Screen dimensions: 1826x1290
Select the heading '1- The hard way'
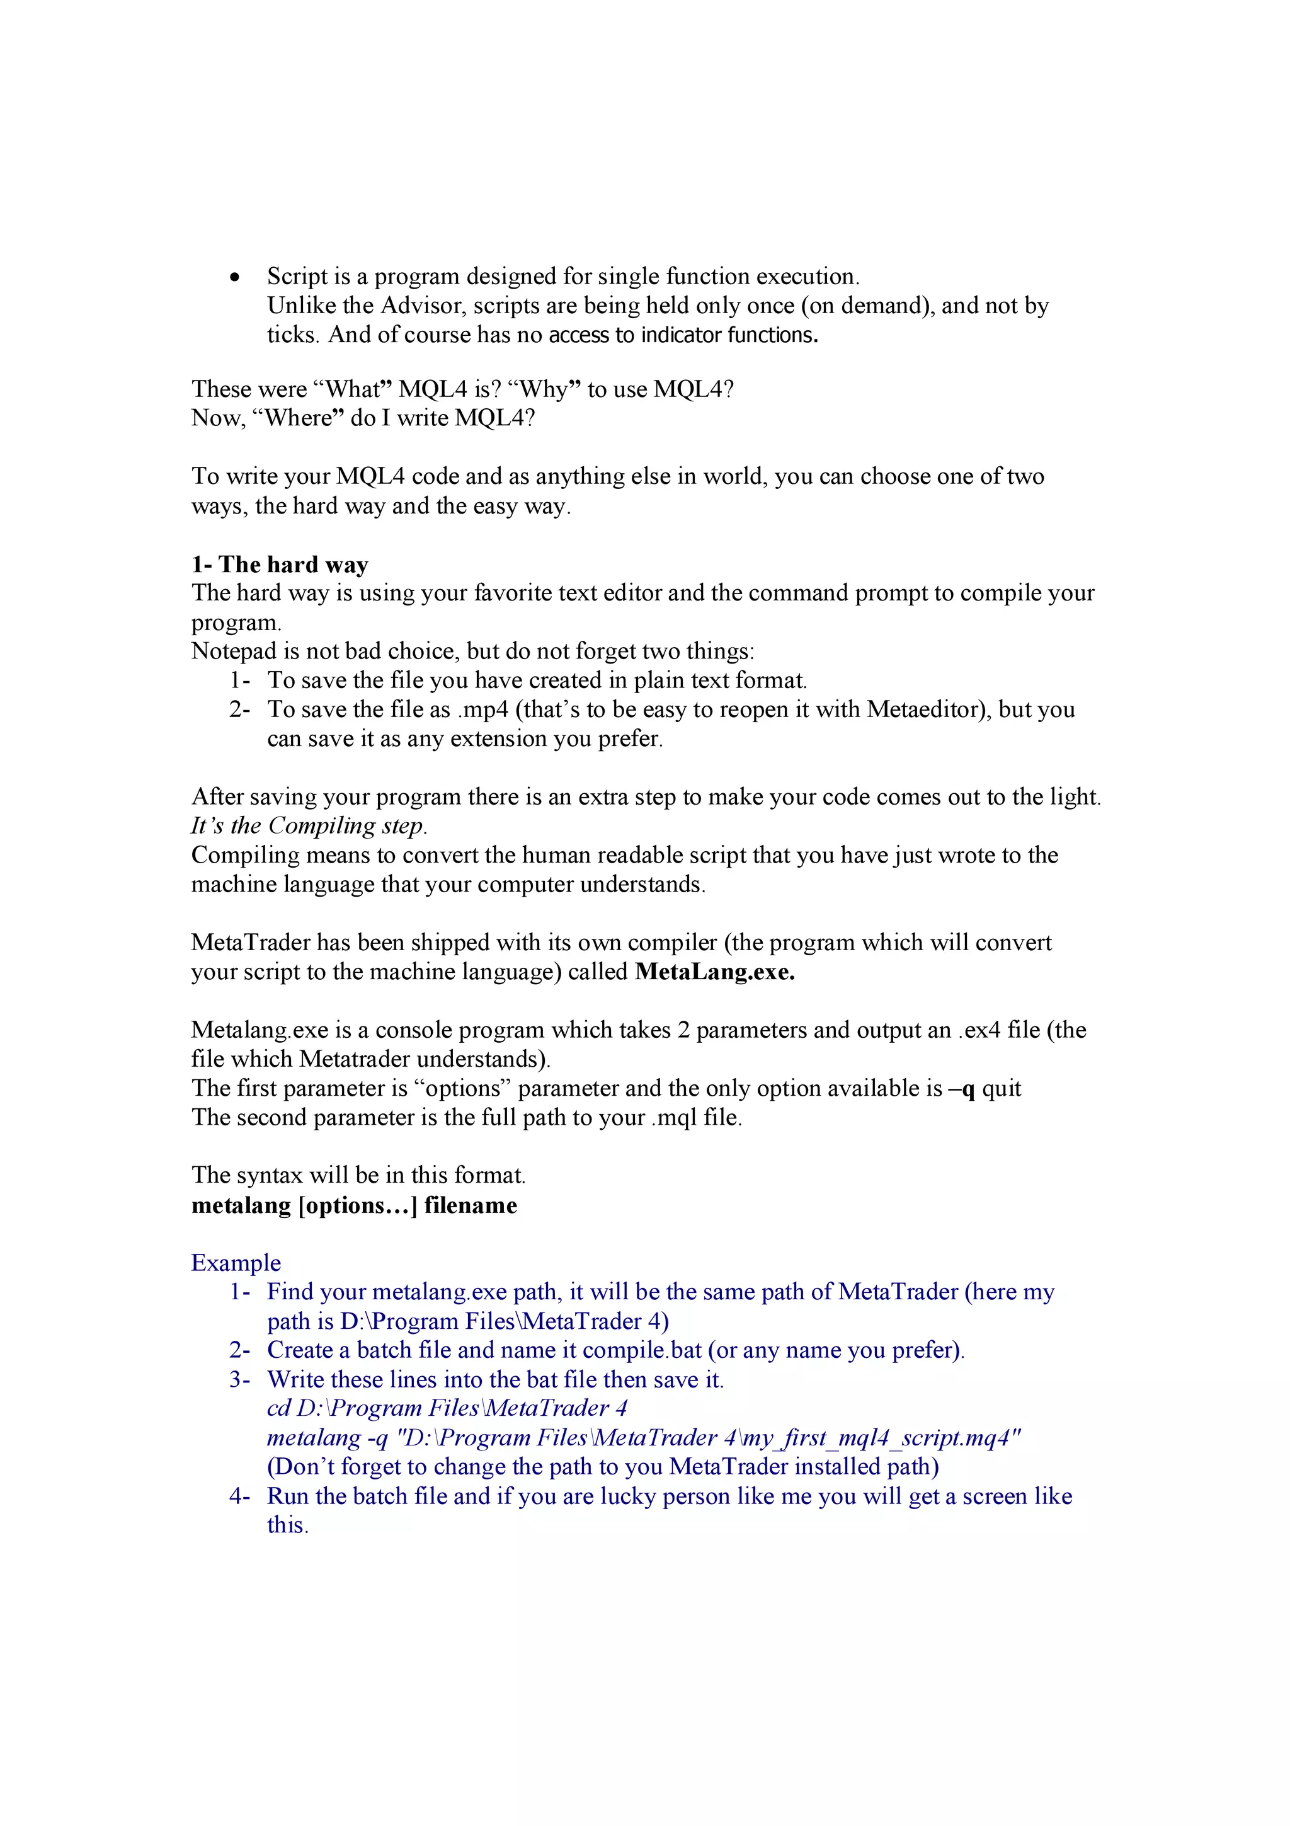[x=280, y=564]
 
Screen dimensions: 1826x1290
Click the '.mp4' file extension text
[x=482, y=709]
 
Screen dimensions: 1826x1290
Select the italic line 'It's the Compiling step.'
[x=309, y=825]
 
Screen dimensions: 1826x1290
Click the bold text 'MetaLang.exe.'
[x=714, y=972]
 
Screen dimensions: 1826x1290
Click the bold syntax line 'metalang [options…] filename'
[x=355, y=1205]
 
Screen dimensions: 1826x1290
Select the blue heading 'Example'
[x=236, y=1263]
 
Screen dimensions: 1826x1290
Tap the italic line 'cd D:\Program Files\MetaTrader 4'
[x=447, y=1408]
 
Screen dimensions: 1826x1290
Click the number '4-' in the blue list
[x=240, y=1496]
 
